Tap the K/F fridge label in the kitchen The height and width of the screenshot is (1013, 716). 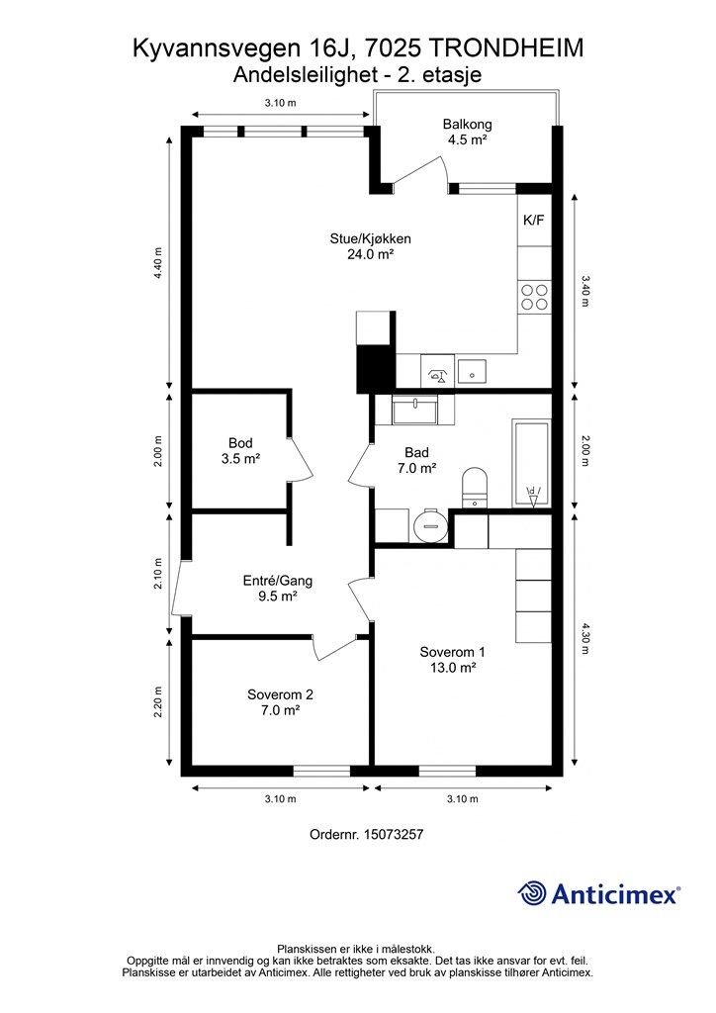tap(533, 221)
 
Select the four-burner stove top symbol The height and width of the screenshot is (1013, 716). tap(535, 297)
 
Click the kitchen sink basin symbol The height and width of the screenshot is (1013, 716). tap(474, 370)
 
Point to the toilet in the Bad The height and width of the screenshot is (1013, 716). tap(475, 488)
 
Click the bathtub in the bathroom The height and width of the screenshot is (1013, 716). tap(531, 464)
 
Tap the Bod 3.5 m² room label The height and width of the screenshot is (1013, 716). tap(240, 451)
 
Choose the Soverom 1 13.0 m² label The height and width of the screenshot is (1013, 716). tap(453, 660)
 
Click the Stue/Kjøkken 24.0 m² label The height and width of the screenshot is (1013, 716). tap(371, 246)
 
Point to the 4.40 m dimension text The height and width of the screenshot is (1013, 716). tap(158, 263)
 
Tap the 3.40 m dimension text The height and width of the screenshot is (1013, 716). tap(585, 291)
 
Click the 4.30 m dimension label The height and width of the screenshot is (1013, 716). tap(585, 638)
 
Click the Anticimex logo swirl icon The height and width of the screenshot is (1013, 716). tap(532, 893)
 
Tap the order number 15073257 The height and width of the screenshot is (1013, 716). tap(394, 834)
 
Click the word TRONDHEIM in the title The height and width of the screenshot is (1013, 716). tap(505, 48)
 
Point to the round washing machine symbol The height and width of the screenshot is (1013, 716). tap(429, 526)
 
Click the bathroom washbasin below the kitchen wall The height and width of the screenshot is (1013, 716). tap(414, 411)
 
